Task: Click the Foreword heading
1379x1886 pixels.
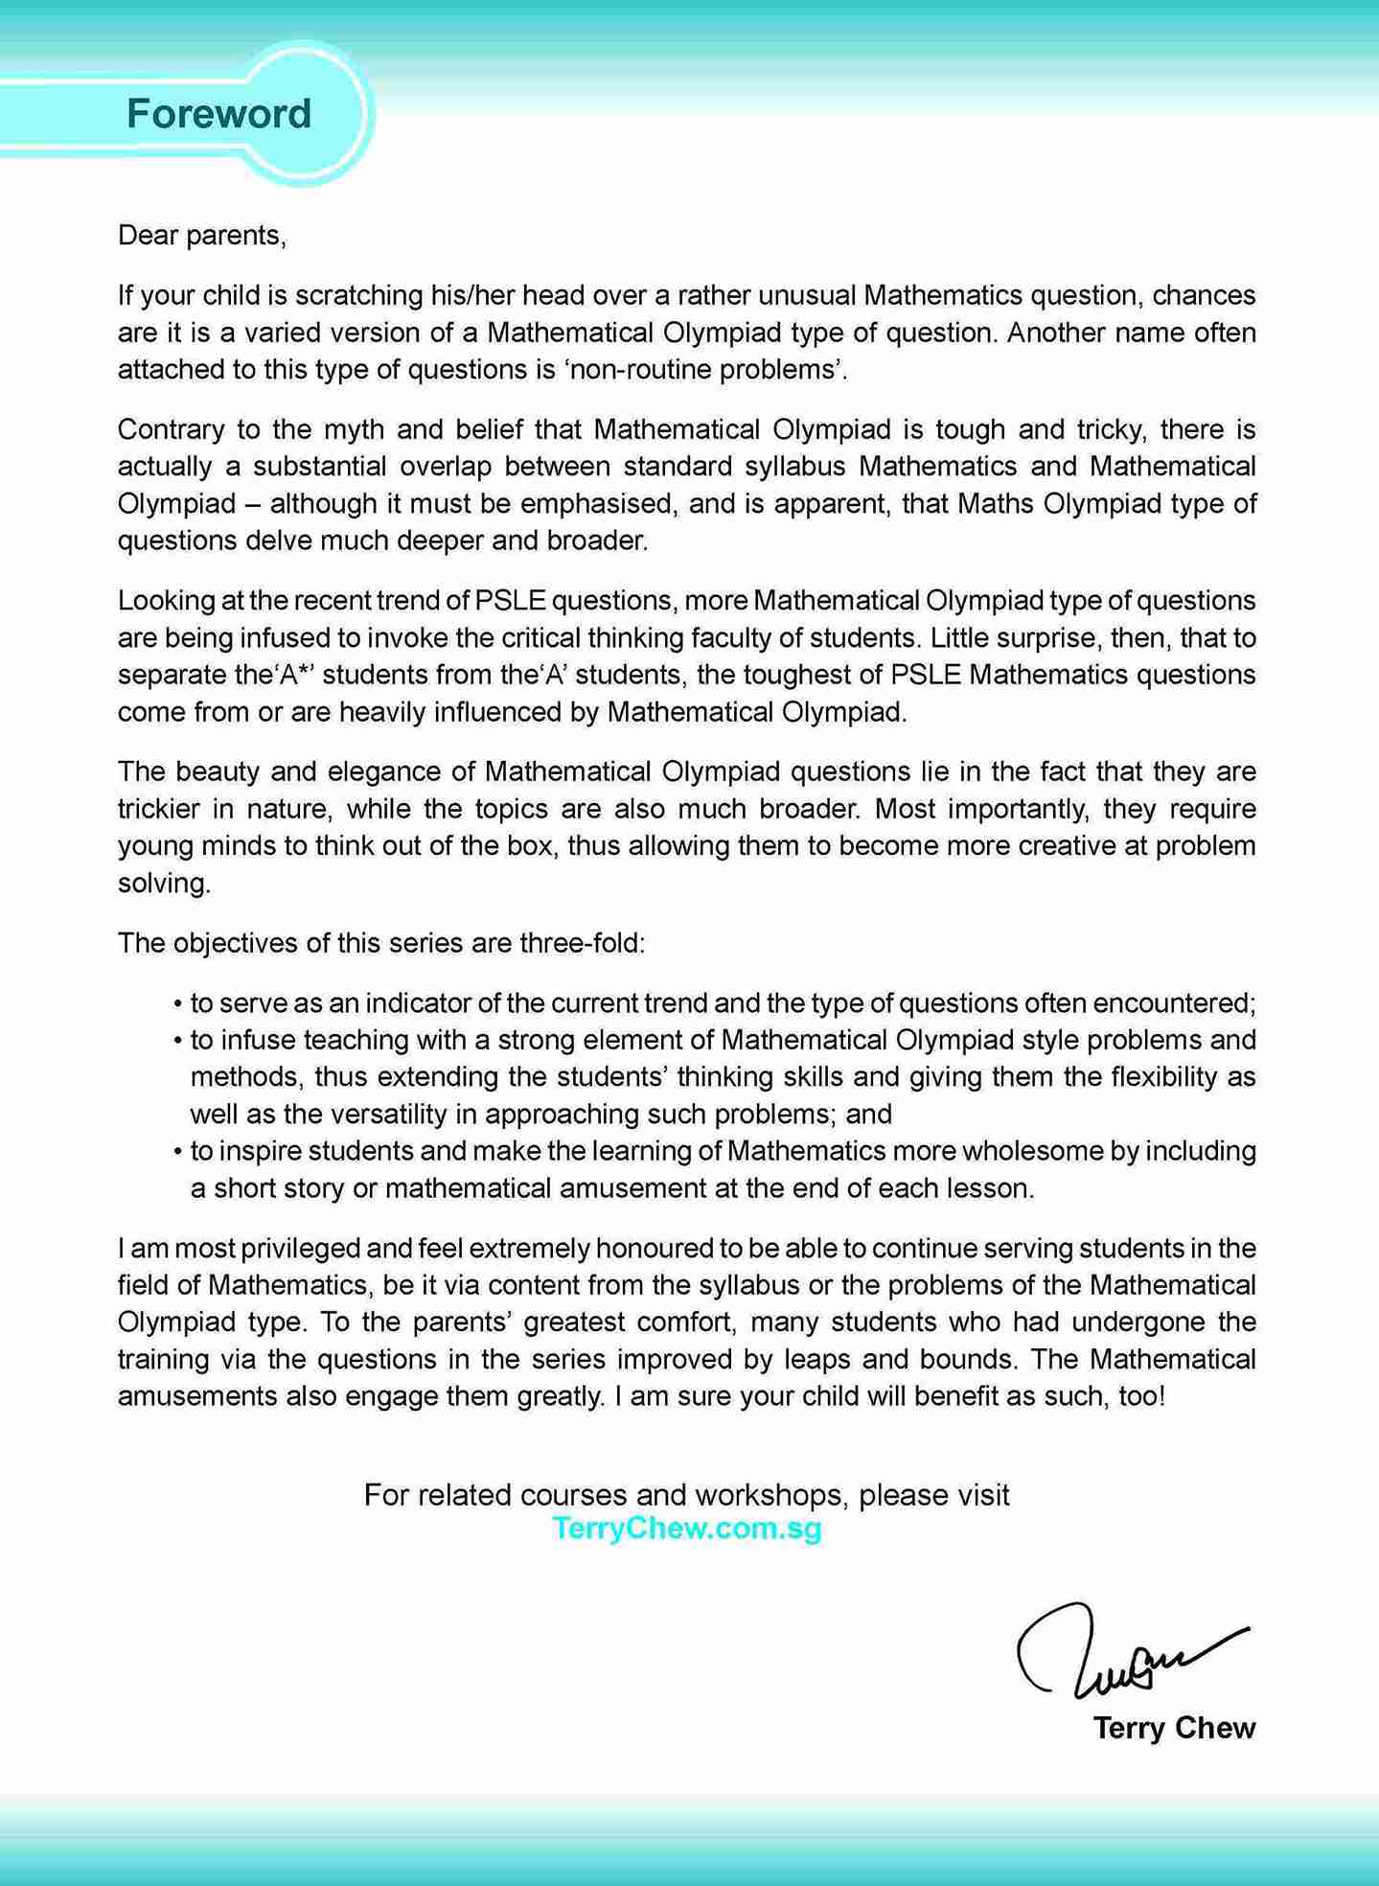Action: tap(218, 114)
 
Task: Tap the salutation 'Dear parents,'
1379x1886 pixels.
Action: tap(201, 235)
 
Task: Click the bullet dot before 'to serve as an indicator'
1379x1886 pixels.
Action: tap(178, 1004)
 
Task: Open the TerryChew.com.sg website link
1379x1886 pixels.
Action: tap(687, 1529)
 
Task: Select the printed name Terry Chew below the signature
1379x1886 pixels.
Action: tap(1174, 1728)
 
